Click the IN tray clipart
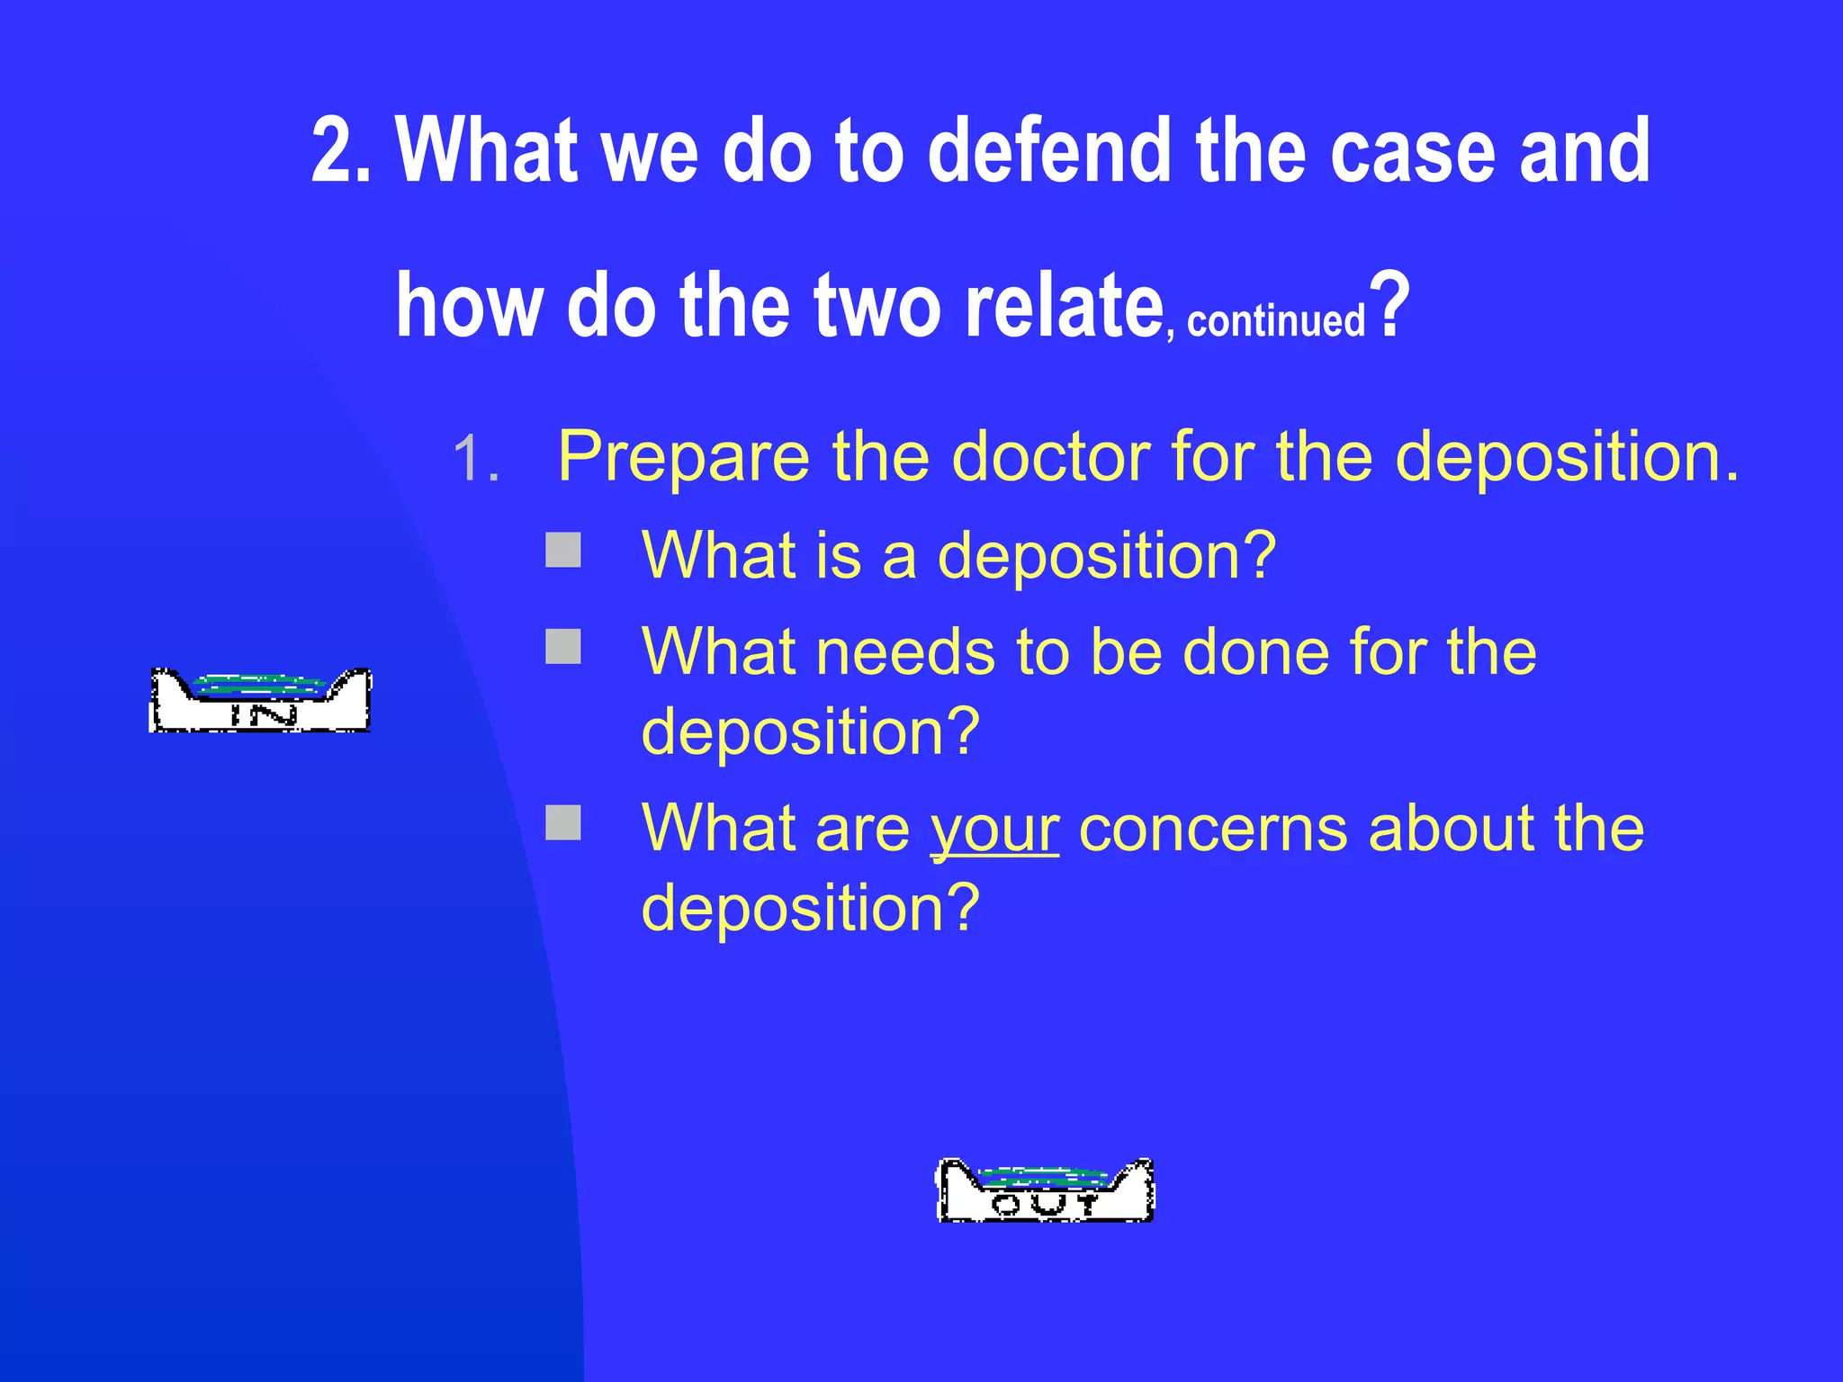(x=259, y=701)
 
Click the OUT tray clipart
(x=1046, y=1190)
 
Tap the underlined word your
(x=994, y=829)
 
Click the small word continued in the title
(x=1276, y=321)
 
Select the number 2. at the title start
(x=341, y=151)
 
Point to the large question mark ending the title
(x=1390, y=306)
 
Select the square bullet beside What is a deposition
(x=563, y=551)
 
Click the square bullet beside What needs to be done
(x=563, y=646)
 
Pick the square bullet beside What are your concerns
(x=563, y=822)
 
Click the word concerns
(x=1212, y=829)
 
